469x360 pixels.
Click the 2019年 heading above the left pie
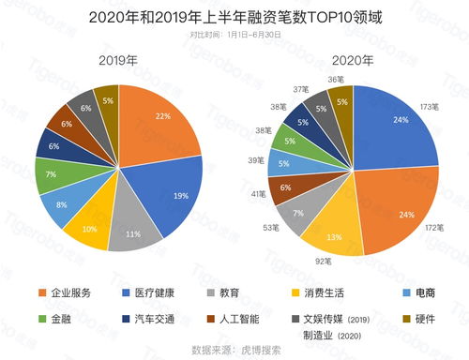[x=119, y=58]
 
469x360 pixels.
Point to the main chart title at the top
[x=234, y=17]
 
